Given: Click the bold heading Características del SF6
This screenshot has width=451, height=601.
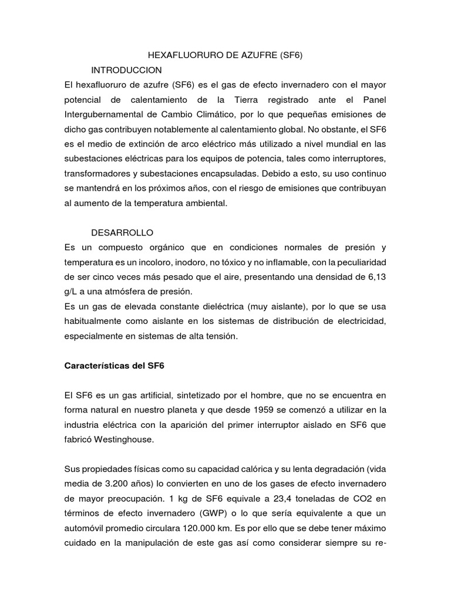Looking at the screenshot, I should click(x=114, y=366).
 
